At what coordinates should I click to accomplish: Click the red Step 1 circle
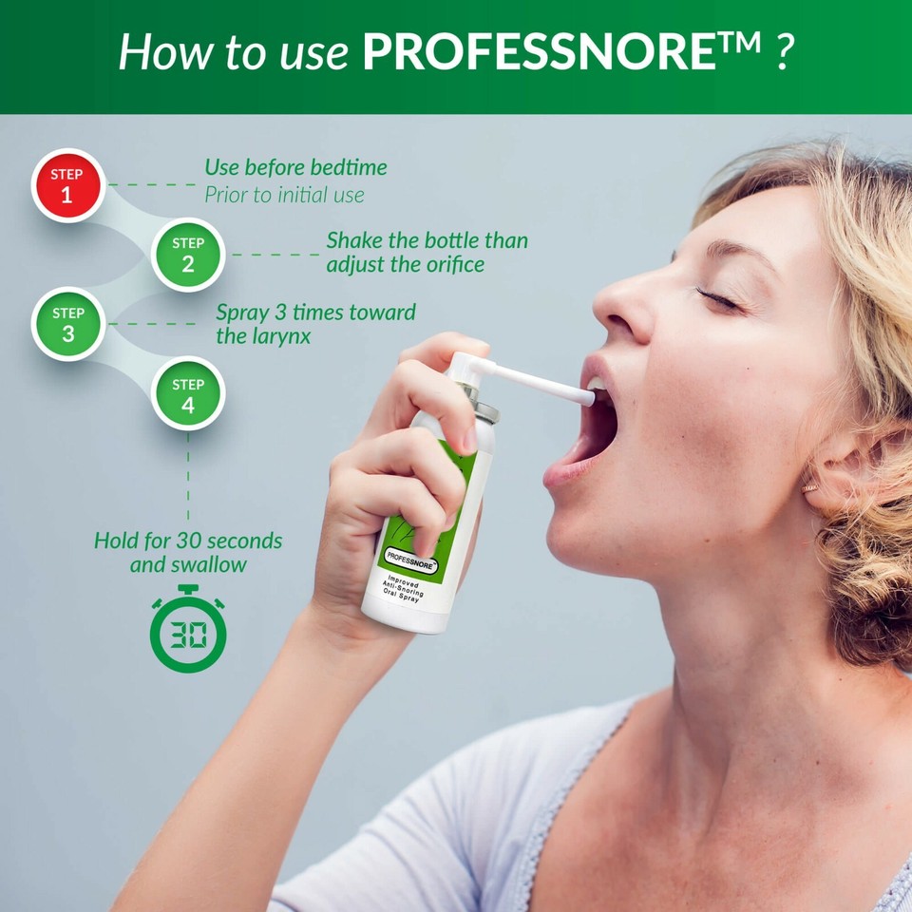coord(66,185)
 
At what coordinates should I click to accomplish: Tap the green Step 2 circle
coord(188,255)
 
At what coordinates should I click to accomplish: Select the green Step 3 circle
coord(67,324)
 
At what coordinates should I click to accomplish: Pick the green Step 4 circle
coord(188,394)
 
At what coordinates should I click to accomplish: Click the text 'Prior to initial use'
coord(284,196)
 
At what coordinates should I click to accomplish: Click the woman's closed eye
coord(719,299)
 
